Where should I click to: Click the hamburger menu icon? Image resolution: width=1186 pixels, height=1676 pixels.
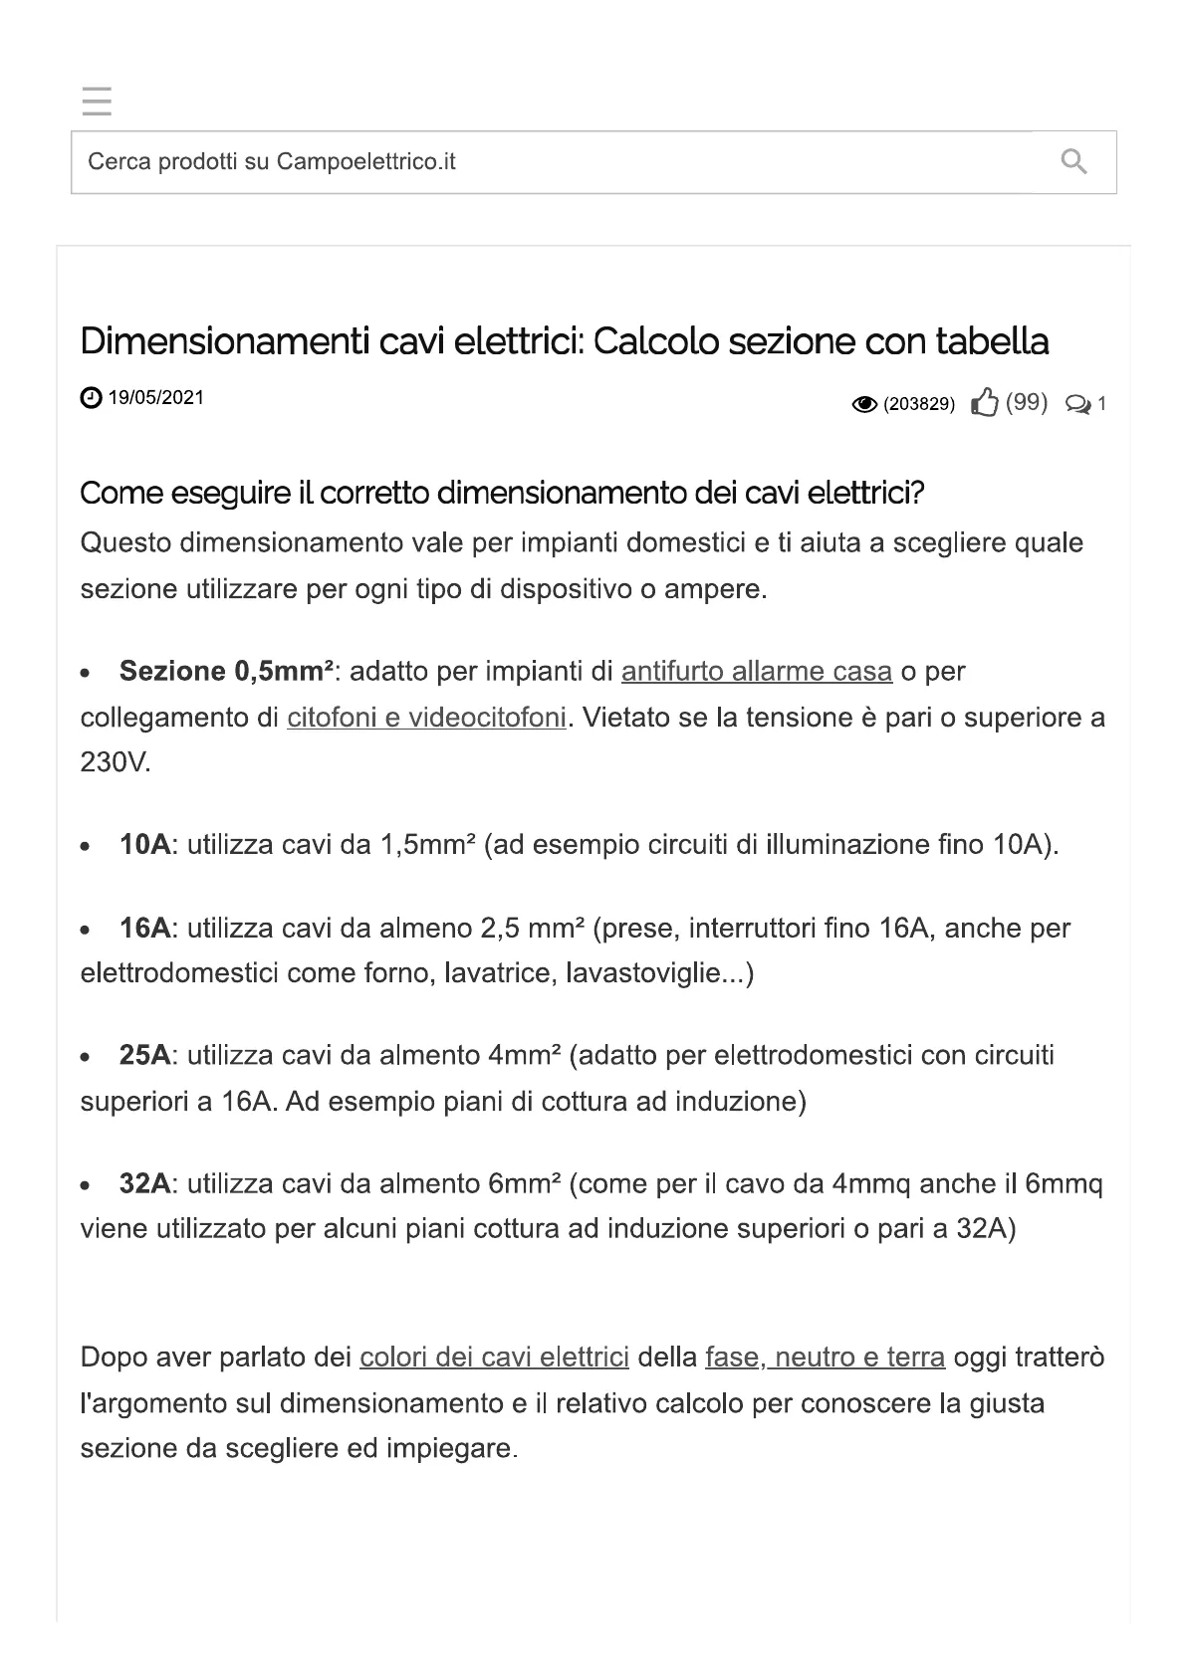click(x=97, y=102)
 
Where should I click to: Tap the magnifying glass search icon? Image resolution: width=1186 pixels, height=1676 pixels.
click(x=1073, y=161)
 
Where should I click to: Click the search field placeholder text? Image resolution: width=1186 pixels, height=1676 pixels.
click(x=271, y=161)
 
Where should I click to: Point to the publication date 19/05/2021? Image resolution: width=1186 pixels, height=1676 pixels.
click(x=155, y=398)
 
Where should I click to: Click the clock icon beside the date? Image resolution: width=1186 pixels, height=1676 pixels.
click(x=90, y=398)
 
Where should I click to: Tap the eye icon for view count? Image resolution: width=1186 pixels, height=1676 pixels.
click(x=864, y=404)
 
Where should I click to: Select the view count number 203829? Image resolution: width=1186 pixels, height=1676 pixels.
click(x=919, y=404)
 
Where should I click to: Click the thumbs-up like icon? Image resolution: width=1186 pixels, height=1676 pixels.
click(x=984, y=403)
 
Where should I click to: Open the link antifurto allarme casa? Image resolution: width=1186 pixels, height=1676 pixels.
click(x=756, y=672)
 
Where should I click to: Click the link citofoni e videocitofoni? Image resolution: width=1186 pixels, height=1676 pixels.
click(x=426, y=718)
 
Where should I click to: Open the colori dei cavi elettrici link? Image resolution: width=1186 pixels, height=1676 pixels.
click(x=494, y=1358)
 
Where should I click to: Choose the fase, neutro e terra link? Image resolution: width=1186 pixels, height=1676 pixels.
click(x=825, y=1358)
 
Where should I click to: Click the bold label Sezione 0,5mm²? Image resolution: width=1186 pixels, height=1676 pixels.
click(x=226, y=672)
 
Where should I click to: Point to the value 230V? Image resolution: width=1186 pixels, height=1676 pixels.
click(x=115, y=763)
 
